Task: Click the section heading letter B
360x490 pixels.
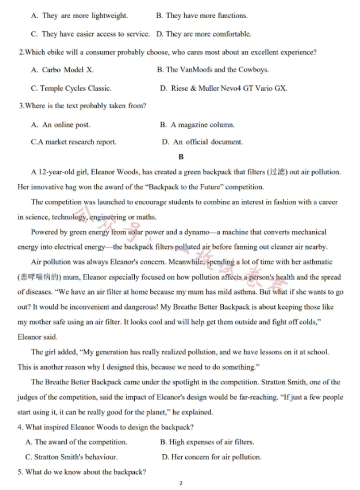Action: pos(181,157)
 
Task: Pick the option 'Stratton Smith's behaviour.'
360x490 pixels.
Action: pos(75,457)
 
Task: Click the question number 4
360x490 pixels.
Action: pos(20,428)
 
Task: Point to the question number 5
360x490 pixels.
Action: pos(20,472)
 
